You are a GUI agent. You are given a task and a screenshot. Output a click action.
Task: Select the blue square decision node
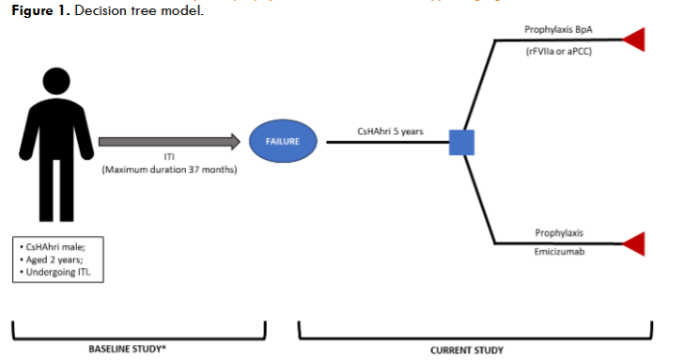(461, 142)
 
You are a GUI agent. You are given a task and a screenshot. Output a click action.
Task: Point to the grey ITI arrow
(164, 142)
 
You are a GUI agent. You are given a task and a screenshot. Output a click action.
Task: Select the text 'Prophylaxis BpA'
(560, 30)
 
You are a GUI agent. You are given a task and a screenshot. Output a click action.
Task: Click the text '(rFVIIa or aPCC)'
(560, 53)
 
